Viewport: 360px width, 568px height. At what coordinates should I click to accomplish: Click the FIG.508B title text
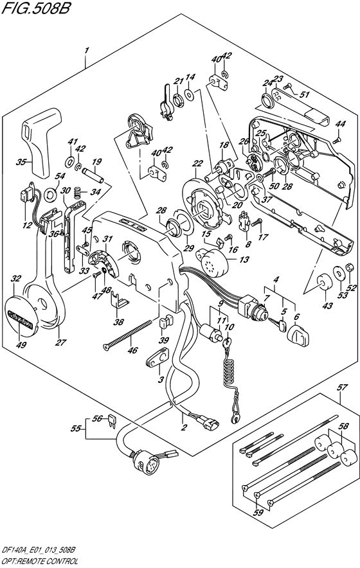(x=35, y=8)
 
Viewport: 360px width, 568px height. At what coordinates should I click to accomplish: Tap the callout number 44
(x=340, y=124)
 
